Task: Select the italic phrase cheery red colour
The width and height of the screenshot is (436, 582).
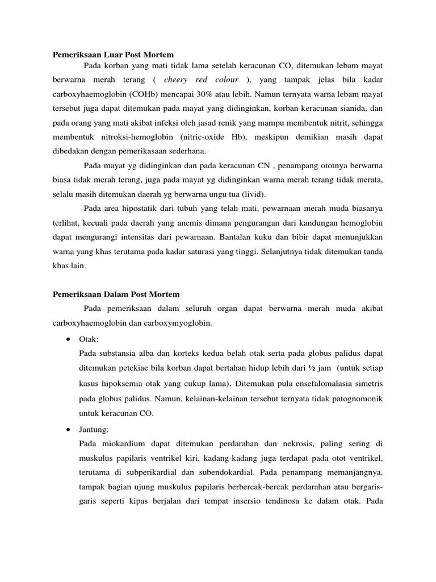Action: coord(201,80)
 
